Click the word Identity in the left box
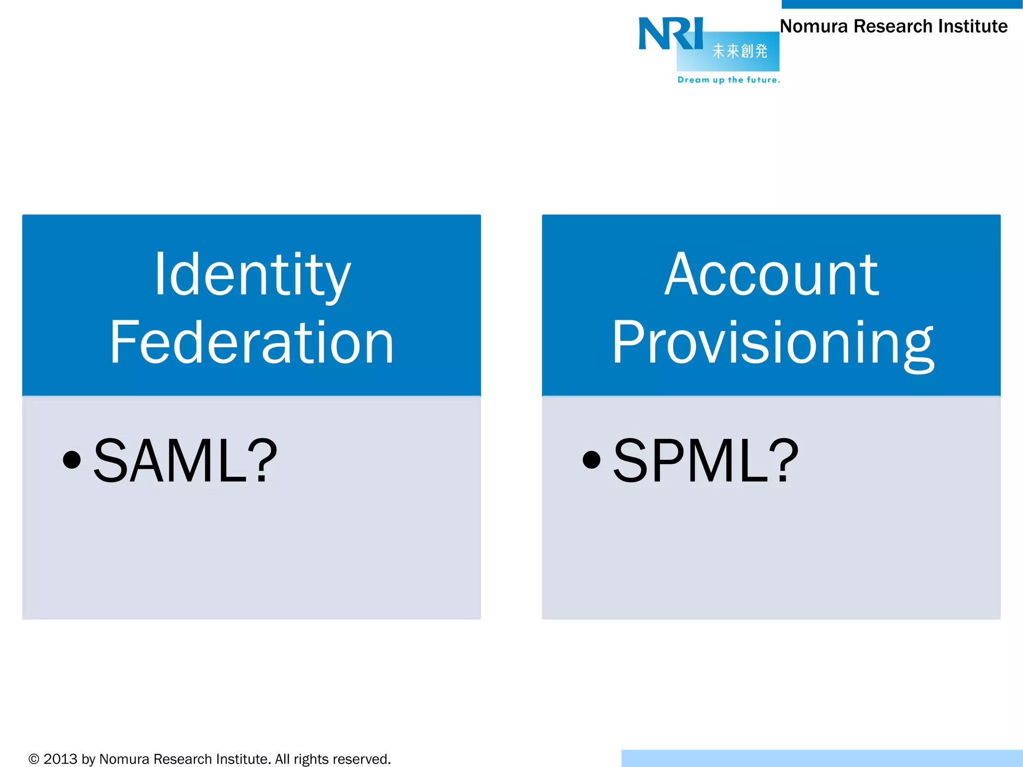click(x=253, y=274)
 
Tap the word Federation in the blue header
click(x=252, y=343)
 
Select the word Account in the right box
click(x=771, y=274)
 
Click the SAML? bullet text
click(x=185, y=460)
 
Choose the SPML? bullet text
click(x=705, y=460)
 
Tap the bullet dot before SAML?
click(x=72, y=460)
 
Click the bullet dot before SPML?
click(x=591, y=460)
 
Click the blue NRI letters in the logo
click(x=670, y=33)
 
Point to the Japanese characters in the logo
click(x=740, y=51)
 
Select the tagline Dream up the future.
click(x=728, y=80)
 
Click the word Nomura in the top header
click(x=814, y=26)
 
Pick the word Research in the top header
click(x=893, y=26)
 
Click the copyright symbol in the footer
click(x=34, y=759)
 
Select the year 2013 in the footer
click(x=60, y=759)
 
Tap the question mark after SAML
click(x=263, y=460)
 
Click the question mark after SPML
click(x=784, y=460)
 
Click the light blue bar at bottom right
click(x=822, y=758)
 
